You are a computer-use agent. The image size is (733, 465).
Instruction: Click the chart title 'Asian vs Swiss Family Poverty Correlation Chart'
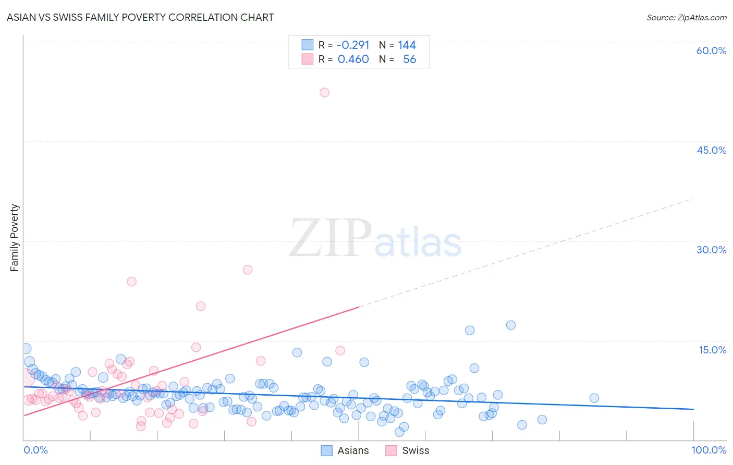pos(140,17)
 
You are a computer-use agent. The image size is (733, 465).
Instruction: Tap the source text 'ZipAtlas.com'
pos(701,17)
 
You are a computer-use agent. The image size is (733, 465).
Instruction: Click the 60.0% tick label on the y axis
pos(711,51)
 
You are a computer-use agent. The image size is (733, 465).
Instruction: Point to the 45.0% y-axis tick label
pos(711,150)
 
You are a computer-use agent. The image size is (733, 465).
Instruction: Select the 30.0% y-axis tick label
pos(711,250)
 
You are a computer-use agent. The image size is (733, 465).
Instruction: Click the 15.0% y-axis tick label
pos(712,350)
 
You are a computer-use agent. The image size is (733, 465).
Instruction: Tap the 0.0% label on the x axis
pos(35,450)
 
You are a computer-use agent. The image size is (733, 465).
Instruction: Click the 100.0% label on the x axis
pos(708,450)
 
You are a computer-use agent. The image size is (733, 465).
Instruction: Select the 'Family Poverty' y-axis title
pos(15,238)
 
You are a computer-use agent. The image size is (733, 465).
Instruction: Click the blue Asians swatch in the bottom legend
pos(326,450)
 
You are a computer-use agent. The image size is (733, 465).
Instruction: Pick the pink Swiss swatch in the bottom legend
pos(391,450)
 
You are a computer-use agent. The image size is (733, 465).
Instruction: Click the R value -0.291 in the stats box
pos(353,45)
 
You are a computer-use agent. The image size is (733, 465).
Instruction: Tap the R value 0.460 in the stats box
pos(353,59)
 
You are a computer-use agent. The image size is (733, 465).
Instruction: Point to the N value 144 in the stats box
pos(407,45)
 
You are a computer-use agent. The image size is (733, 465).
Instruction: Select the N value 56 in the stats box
pos(409,59)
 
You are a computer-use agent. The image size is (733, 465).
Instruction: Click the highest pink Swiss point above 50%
pos(324,92)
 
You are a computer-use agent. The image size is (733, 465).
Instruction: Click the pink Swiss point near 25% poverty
pos(248,270)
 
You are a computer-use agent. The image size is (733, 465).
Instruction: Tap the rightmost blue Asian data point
pos(594,398)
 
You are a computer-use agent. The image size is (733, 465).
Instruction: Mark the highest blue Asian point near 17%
pos(511,325)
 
